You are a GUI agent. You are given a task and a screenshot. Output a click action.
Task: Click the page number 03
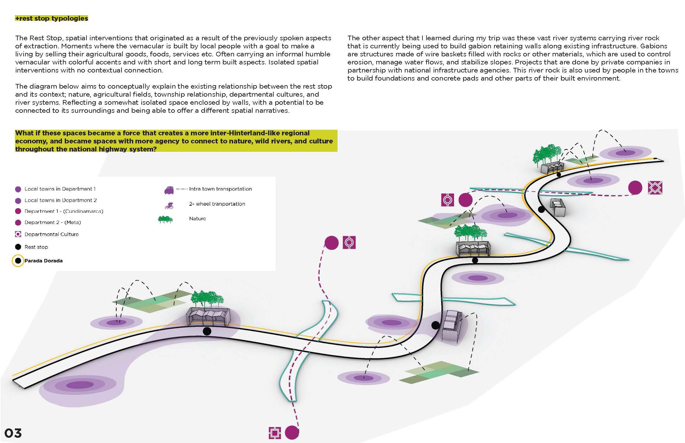(x=13, y=433)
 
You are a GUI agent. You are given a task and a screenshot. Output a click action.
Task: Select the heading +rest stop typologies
(x=51, y=18)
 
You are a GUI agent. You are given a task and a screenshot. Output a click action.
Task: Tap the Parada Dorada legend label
(x=44, y=261)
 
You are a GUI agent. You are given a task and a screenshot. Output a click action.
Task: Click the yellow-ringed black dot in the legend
(x=18, y=261)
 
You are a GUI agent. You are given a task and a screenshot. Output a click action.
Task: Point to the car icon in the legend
(x=169, y=190)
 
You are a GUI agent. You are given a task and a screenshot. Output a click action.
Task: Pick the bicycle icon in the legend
(x=169, y=205)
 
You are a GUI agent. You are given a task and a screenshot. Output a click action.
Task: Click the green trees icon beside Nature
(x=166, y=219)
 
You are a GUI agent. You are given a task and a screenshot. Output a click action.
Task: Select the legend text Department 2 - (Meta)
(x=53, y=222)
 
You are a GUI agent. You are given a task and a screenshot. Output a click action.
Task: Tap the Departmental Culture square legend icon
(x=18, y=234)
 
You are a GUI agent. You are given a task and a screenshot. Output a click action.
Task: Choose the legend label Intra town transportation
(x=220, y=189)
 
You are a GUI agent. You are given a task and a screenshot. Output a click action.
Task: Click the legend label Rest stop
(x=36, y=247)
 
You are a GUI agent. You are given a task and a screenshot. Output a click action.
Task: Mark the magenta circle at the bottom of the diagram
(x=292, y=432)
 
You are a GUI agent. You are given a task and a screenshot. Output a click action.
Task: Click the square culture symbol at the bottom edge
(x=275, y=433)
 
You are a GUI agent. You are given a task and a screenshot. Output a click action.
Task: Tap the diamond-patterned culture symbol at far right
(x=655, y=188)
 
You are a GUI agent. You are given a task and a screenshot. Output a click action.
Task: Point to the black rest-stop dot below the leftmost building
(x=207, y=331)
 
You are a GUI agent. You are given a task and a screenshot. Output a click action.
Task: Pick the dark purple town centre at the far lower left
(x=75, y=385)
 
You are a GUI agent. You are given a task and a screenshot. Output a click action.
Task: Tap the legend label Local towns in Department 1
(x=60, y=189)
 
